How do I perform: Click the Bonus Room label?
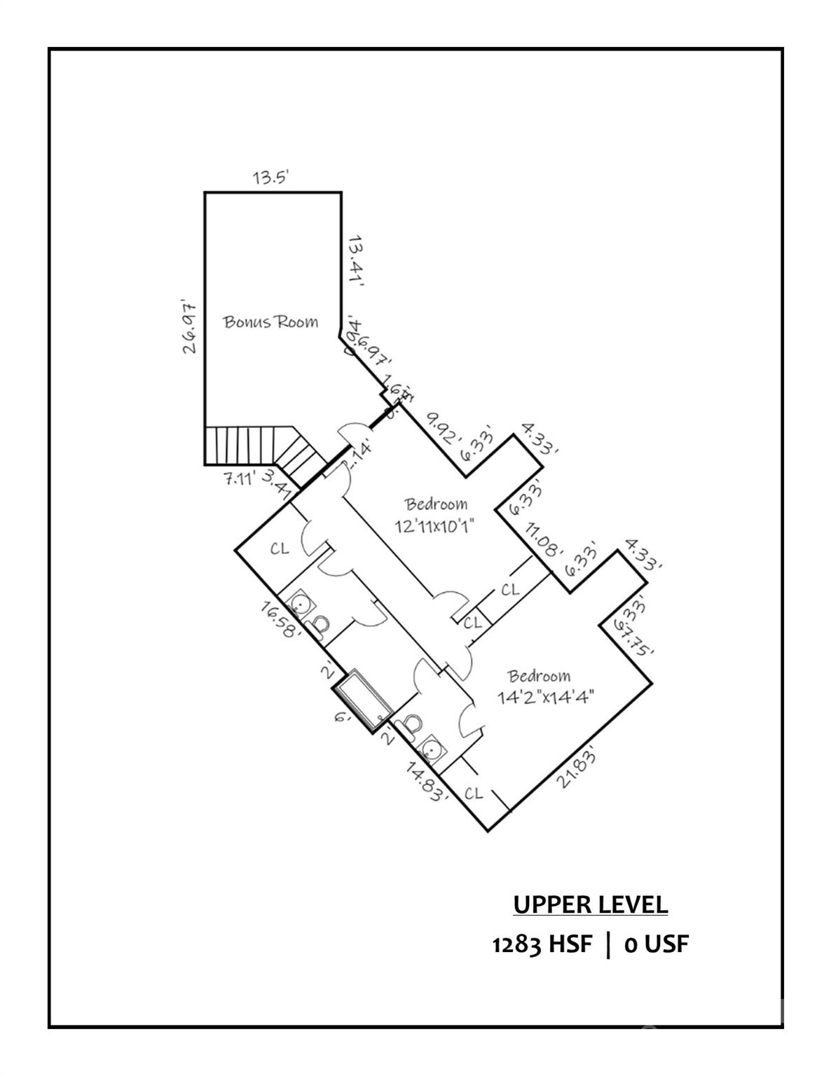270,322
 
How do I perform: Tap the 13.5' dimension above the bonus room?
271,177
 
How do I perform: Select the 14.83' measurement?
427,782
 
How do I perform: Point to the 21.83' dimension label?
579,768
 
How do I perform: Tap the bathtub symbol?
363,701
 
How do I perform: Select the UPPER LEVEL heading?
590,904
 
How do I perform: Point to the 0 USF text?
656,944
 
